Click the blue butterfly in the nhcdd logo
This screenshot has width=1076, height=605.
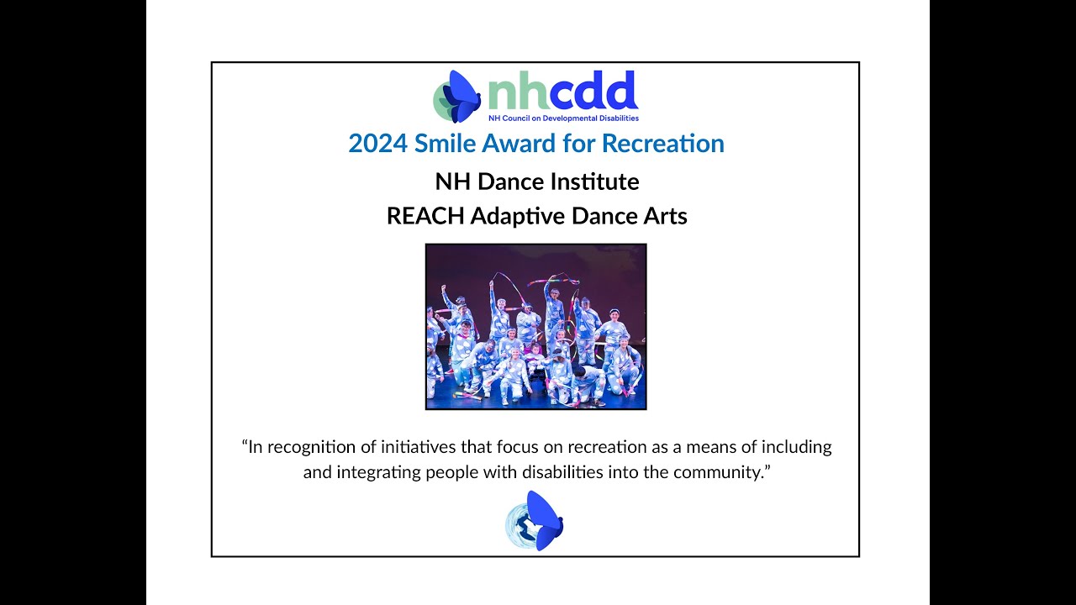[461, 96]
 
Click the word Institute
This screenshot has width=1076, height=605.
[600, 181]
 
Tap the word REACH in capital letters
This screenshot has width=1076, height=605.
[425, 216]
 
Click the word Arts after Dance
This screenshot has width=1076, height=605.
[665, 216]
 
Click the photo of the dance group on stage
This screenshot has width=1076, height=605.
[535, 326]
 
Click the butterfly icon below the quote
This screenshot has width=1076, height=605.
[535, 521]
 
